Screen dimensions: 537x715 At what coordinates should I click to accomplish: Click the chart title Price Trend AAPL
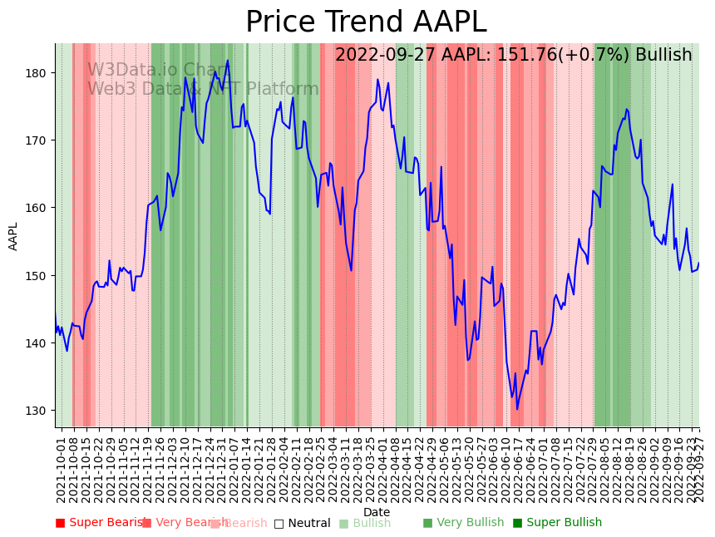click(x=366, y=22)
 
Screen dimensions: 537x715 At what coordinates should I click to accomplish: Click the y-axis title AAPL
click(x=13, y=236)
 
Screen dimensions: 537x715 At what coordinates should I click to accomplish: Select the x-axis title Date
click(x=377, y=512)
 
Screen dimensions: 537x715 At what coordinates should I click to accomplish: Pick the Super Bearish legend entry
click(x=101, y=523)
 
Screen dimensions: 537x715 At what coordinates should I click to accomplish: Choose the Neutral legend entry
click(x=303, y=523)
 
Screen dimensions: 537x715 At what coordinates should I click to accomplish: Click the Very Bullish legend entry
click(x=463, y=523)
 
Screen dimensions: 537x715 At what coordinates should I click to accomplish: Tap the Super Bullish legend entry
click(x=557, y=523)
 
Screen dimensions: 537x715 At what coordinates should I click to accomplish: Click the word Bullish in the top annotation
click(x=663, y=56)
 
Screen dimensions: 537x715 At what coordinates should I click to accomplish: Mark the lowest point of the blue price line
click(x=516, y=409)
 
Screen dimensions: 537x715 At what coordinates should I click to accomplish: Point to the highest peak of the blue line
click(x=228, y=61)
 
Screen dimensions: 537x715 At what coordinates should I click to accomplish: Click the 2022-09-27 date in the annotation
click(x=386, y=56)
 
